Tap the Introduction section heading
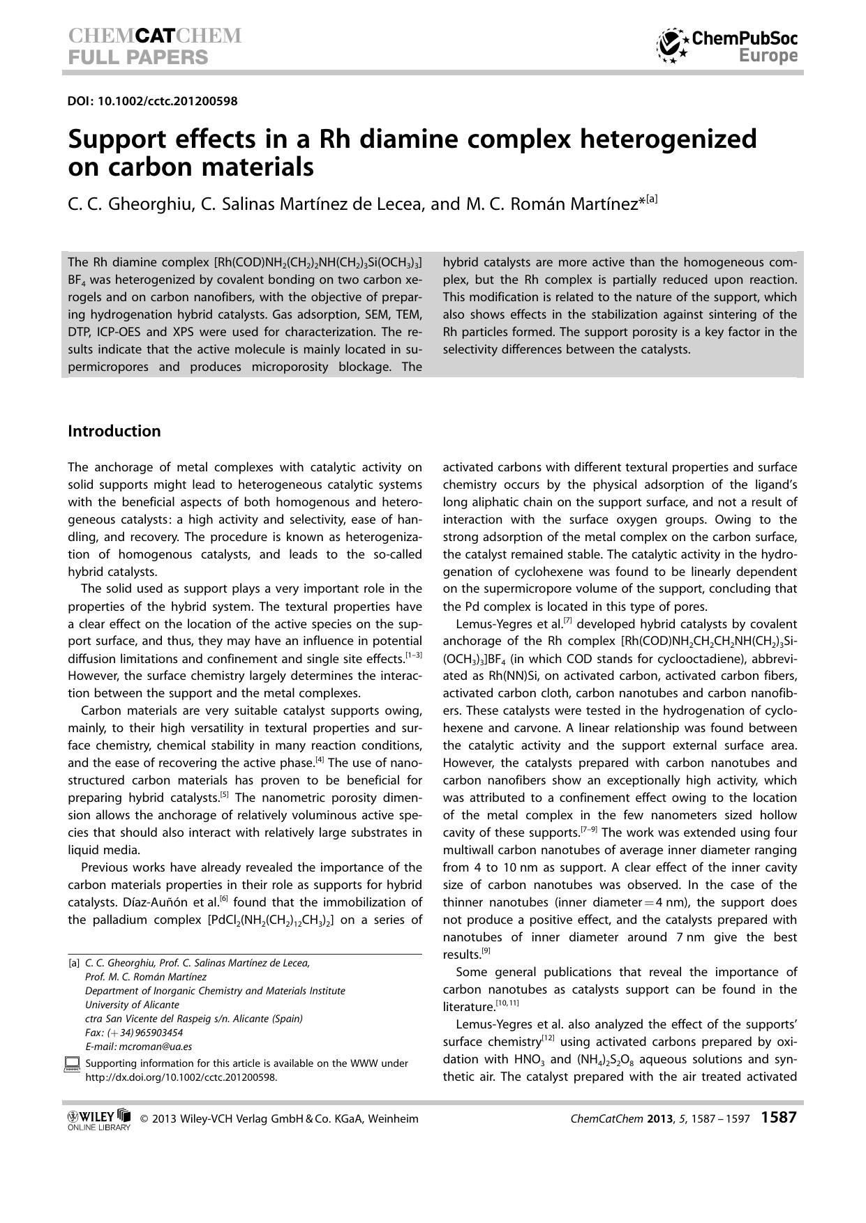(x=114, y=431)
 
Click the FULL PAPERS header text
(x=138, y=57)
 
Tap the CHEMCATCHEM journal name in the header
(x=155, y=36)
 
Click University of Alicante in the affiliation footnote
(x=132, y=1005)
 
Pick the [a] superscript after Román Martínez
(x=652, y=199)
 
